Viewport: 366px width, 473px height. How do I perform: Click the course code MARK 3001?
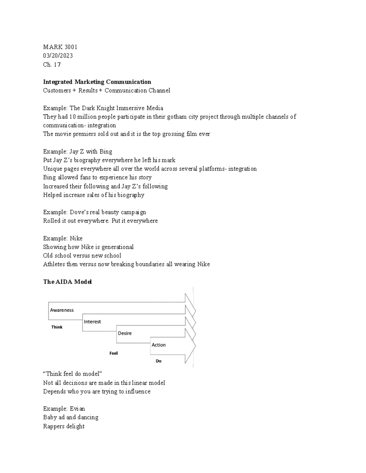click(x=60, y=47)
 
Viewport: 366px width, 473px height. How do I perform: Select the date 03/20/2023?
click(x=58, y=55)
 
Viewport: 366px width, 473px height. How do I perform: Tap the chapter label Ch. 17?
click(x=52, y=64)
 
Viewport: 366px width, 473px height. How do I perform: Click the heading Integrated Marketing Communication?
click(x=97, y=82)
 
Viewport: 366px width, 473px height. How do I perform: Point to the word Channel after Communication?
click(x=159, y=90)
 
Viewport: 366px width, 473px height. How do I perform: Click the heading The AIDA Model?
click(x=67, y=282)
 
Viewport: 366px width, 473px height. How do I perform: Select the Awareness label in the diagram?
click(x=62, y=310)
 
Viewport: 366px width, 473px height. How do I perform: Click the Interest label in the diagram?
click(x=92, y=322)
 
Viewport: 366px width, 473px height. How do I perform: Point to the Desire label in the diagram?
click(x=125, y=333)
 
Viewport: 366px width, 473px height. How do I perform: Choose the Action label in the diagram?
click(x=159, y=345)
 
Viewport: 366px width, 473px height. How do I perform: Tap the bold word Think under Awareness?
click(x=57, y=327)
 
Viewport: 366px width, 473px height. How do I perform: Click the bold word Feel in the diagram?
click(x=113, y=353)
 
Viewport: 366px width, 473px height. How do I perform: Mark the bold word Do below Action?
click(x=159, y=361)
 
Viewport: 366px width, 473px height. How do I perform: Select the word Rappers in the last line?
click(x=54, y=426)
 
